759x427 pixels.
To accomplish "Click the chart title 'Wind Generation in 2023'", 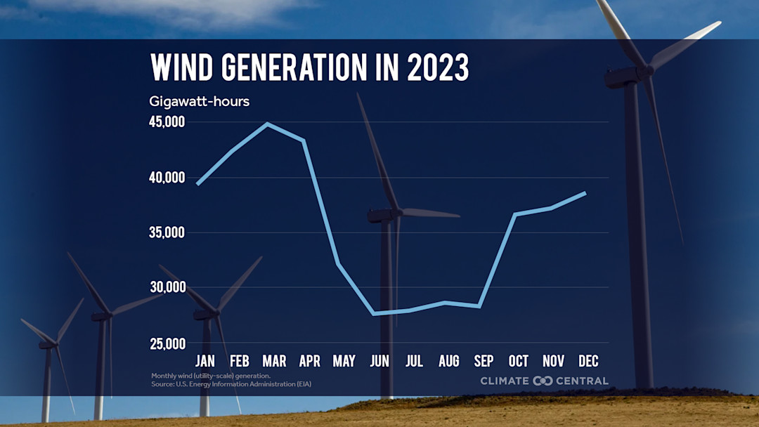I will coord(310,68).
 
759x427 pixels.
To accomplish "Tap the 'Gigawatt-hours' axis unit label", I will coord(199,101).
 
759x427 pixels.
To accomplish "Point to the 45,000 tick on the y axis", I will coord(167,122).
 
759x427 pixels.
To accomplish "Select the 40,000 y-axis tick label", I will coord(167,178).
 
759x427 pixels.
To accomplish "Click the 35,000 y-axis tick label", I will coord(167,232).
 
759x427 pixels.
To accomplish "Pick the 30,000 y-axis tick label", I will coord(167,287).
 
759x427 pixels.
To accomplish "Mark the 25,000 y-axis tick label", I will coord(167,343).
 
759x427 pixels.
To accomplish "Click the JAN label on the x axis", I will coord(205,362).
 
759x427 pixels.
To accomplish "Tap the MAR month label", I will coord(274,362).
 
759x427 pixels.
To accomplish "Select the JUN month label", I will coord(379,362).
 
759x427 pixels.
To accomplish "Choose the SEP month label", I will coord(484,362).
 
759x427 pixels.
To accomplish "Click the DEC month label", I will coord(588,362).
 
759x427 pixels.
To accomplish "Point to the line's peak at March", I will coord(268,124).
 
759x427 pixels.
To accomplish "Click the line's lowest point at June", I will coord(373,313).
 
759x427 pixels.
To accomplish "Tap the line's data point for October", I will coord(515,214).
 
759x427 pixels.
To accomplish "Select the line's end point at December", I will coord(585,193).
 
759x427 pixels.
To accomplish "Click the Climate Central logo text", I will coord(544,381).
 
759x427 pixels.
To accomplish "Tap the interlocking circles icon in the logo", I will coord(543,381).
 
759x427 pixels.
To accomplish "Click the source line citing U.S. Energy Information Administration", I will coord(231,384).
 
